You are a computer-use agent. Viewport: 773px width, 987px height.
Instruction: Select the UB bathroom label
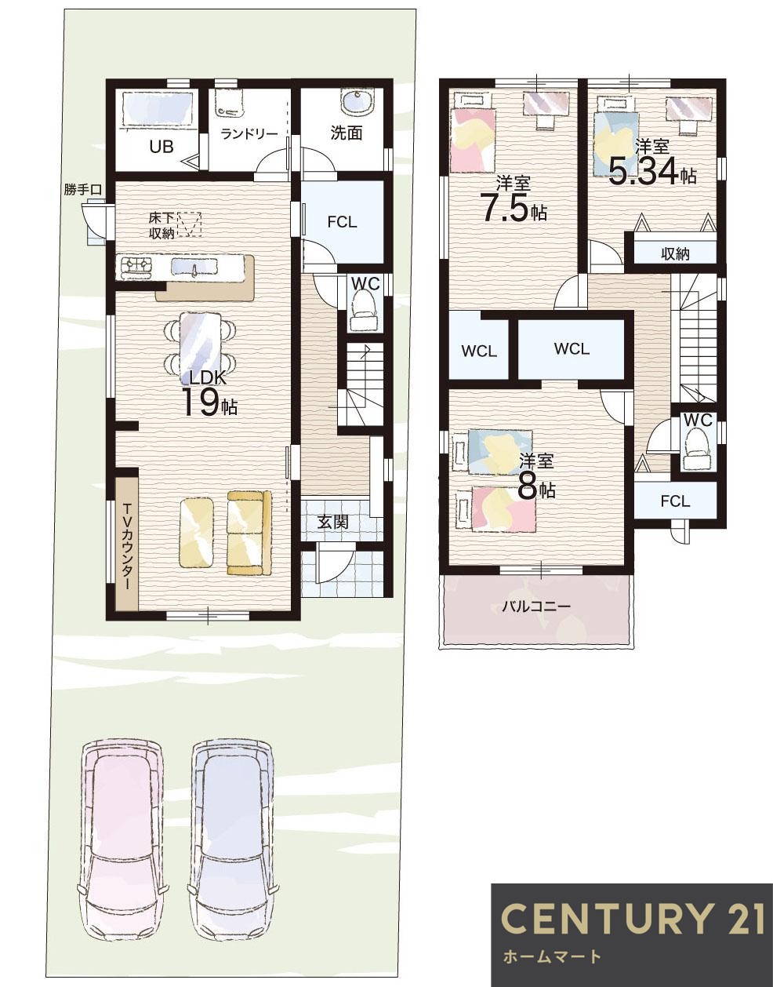pyautogui.click(x=161, y=147)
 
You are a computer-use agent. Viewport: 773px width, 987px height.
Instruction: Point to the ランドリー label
pyautogui.click(x=249, y=134)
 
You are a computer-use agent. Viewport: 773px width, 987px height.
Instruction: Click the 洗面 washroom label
pyautogui.click(x=347, y=133)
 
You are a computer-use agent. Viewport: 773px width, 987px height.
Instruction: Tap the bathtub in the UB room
pyautogui.click(x=157, y=109)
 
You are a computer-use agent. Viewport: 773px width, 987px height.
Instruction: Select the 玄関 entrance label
pyautogui.click(x=332, y=523)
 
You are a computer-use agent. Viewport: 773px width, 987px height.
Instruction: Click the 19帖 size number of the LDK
pyautogui.click(x=209, y=402)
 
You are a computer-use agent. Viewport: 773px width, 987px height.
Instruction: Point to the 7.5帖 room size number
pyautogui.click(x=514, y=208)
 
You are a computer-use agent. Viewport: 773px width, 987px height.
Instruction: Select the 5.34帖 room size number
pyautogui.click(x=652, y=171)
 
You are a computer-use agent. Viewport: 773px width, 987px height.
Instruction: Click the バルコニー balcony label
pyautogui.click(x=536, y=606)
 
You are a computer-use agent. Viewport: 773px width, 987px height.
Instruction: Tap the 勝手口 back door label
pyautogui.click(x=82, y=190)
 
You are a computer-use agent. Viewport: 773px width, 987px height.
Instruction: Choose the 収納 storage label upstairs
pyautogui.click(x=676, y=254)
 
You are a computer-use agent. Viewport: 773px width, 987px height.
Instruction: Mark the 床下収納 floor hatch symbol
pyautogui.click(x=189, y=224)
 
